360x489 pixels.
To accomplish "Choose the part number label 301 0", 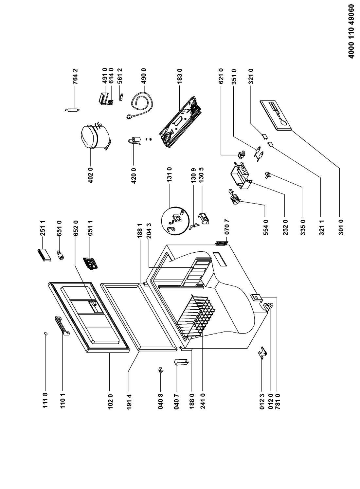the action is point(341,227).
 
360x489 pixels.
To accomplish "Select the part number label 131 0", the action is point(170,175).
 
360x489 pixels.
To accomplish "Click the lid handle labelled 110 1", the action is point(62,325).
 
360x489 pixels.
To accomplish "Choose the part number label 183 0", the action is point(179,76).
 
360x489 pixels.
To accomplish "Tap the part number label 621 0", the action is point(221,76).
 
